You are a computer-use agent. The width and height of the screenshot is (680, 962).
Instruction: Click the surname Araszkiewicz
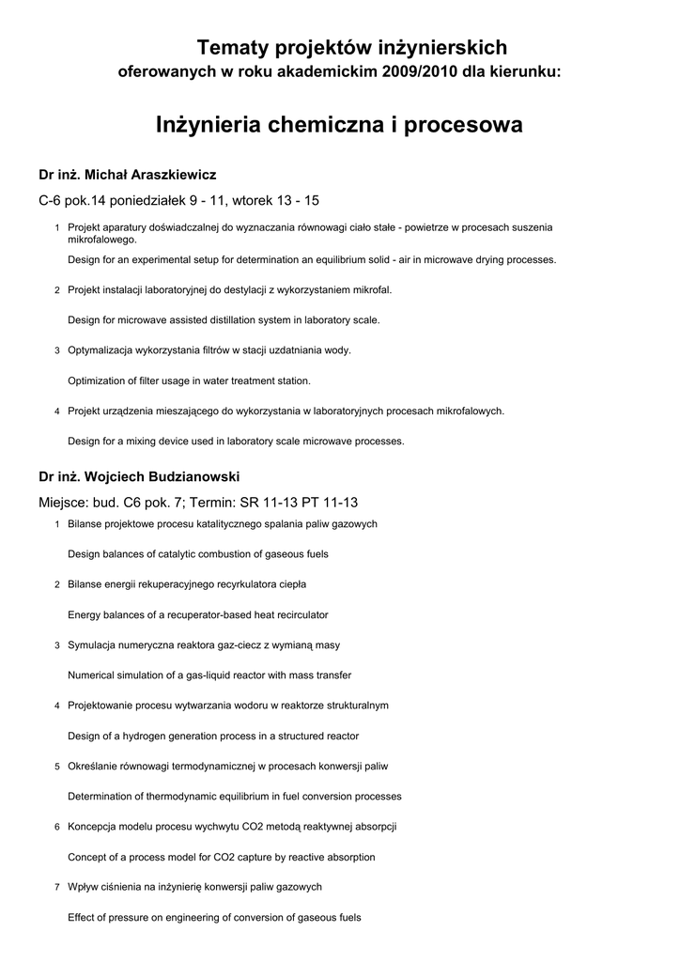165,175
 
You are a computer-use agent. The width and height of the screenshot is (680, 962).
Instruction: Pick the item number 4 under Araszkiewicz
57,411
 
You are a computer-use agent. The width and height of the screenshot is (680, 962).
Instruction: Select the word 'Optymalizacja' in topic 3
100,350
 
